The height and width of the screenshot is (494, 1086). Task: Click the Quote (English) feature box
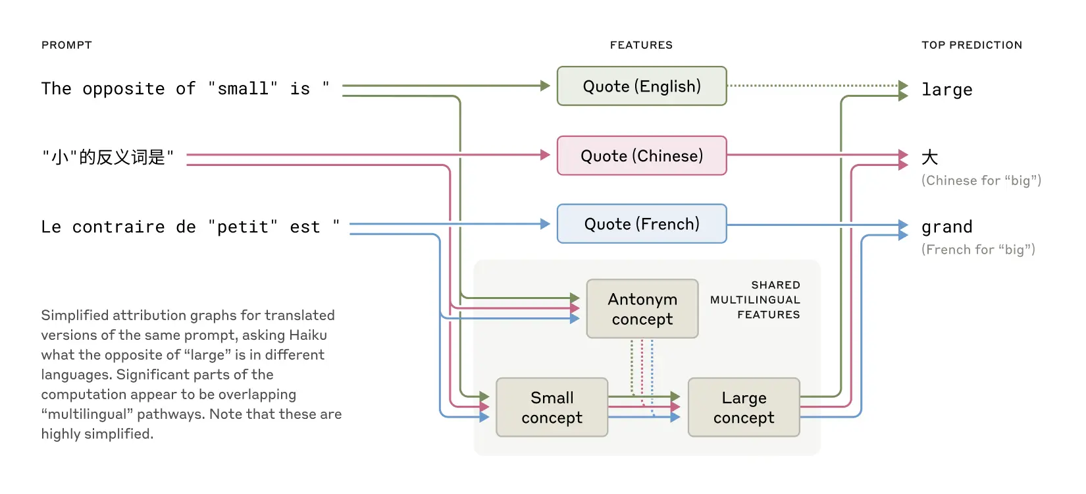(x=642, y=86)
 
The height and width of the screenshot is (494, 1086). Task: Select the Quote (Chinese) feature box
(x=642, y=156)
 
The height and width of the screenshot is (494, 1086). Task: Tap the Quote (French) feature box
(x=642, y=225)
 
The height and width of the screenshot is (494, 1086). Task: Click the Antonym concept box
(x=642, y=309)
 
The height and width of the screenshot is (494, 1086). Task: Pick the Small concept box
(x=552, y=408)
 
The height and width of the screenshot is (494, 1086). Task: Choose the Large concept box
(x=744, y=408)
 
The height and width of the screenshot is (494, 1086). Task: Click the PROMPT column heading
(x=66, y=45)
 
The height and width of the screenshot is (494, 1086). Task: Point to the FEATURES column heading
(x=641, y=45)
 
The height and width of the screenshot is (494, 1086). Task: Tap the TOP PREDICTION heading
(x=971, y=45)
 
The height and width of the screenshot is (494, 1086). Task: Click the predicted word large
(x=946, y=90)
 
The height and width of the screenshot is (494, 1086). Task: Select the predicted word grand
(x=946, y=227)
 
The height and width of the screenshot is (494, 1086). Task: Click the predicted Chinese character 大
(x=929, y=157)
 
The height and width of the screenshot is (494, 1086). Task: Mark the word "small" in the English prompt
(x=243, y=88)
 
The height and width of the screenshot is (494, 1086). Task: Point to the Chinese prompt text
(x=108, y=157)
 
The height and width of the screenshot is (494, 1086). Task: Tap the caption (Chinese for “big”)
(x=981, y=180)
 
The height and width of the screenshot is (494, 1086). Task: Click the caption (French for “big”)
(x=978, y=250)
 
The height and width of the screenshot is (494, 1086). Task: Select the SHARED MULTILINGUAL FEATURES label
(x=756, y=300)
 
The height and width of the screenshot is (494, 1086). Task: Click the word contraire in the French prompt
(x=118, y=227)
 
